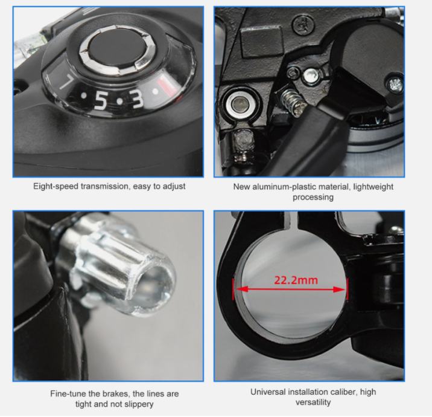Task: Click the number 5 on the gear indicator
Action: point(101,100)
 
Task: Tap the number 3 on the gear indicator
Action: point(137,99)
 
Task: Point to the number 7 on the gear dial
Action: point(66,82)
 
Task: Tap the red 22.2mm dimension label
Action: point(296,280)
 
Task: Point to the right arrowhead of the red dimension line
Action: point(339,289)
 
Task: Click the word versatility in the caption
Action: point(313,402)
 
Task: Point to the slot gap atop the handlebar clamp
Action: point(294,221)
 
